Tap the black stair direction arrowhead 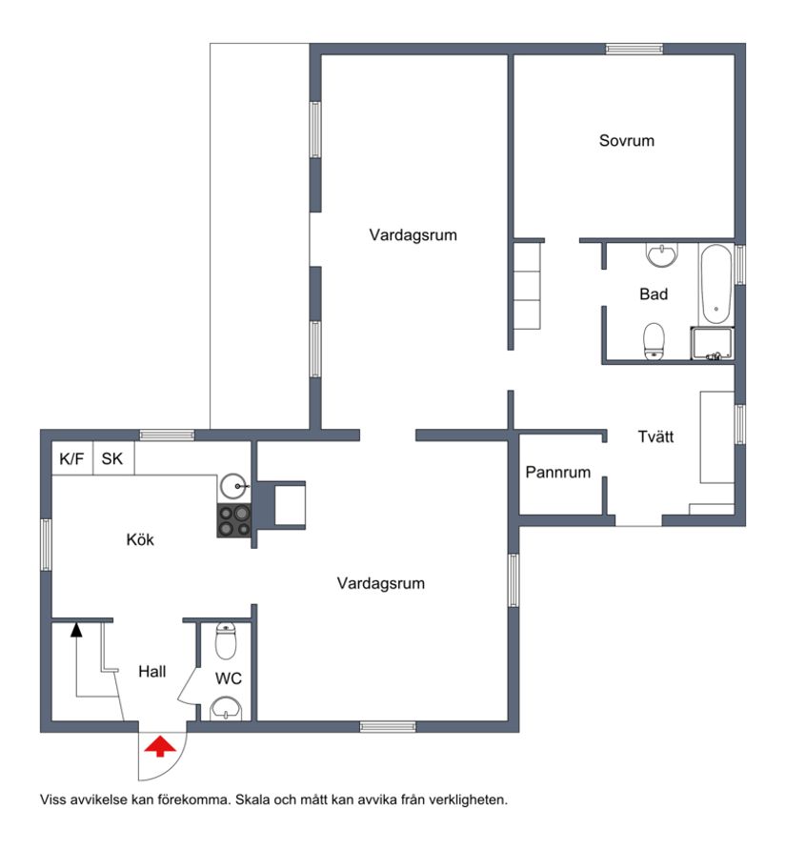click(76, 629)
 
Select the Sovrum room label click(627, 140)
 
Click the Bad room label click(654, 293)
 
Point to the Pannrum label click(557, 472)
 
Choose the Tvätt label click(655, 436)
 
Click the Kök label click(140, 539)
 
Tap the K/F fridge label click(71, 459)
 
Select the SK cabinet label click(112, 459)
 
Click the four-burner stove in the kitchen click(234, 520)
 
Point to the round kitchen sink click(234, 487)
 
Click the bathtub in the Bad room click(716, 285)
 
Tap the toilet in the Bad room click(654, 341)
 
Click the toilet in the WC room click(226, 640)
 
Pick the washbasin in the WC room click(226, 709)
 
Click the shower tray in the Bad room click(713, 343)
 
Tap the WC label click(229, 678)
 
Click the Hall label click(151, 672)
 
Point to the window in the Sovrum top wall click(635, 49)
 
